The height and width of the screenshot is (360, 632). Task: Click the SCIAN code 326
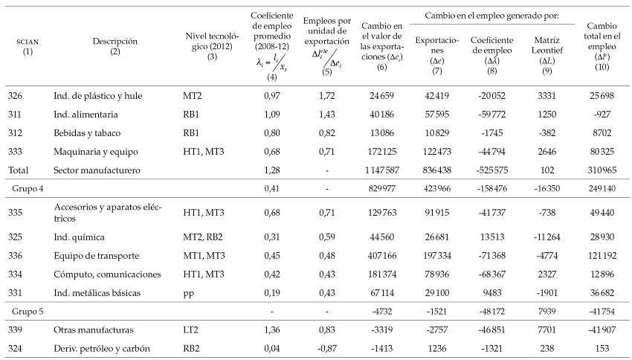(x=16, y=97)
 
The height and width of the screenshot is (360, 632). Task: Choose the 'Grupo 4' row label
(x=26, y=189)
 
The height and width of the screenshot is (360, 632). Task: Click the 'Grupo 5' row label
(x=26, y=310)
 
